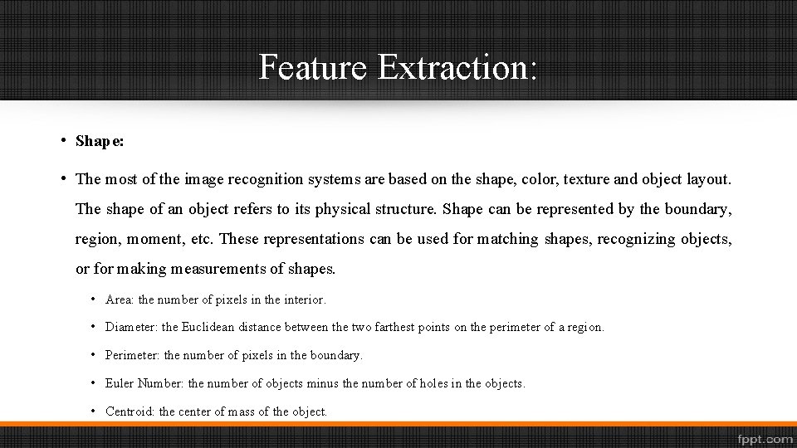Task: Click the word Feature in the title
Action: click(311, 66)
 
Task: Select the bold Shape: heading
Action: click(100, 141)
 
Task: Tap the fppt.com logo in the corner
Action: click(763, 437)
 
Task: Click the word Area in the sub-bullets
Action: click(120, 299)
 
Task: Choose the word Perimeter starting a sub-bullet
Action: click(133, 355)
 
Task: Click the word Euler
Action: click(120, 383)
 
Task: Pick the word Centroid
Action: click(130, 411)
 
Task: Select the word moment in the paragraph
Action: click(162, 239)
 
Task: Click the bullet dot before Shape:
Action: click(63, 139)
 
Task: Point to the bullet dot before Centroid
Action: click(95, 411)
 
